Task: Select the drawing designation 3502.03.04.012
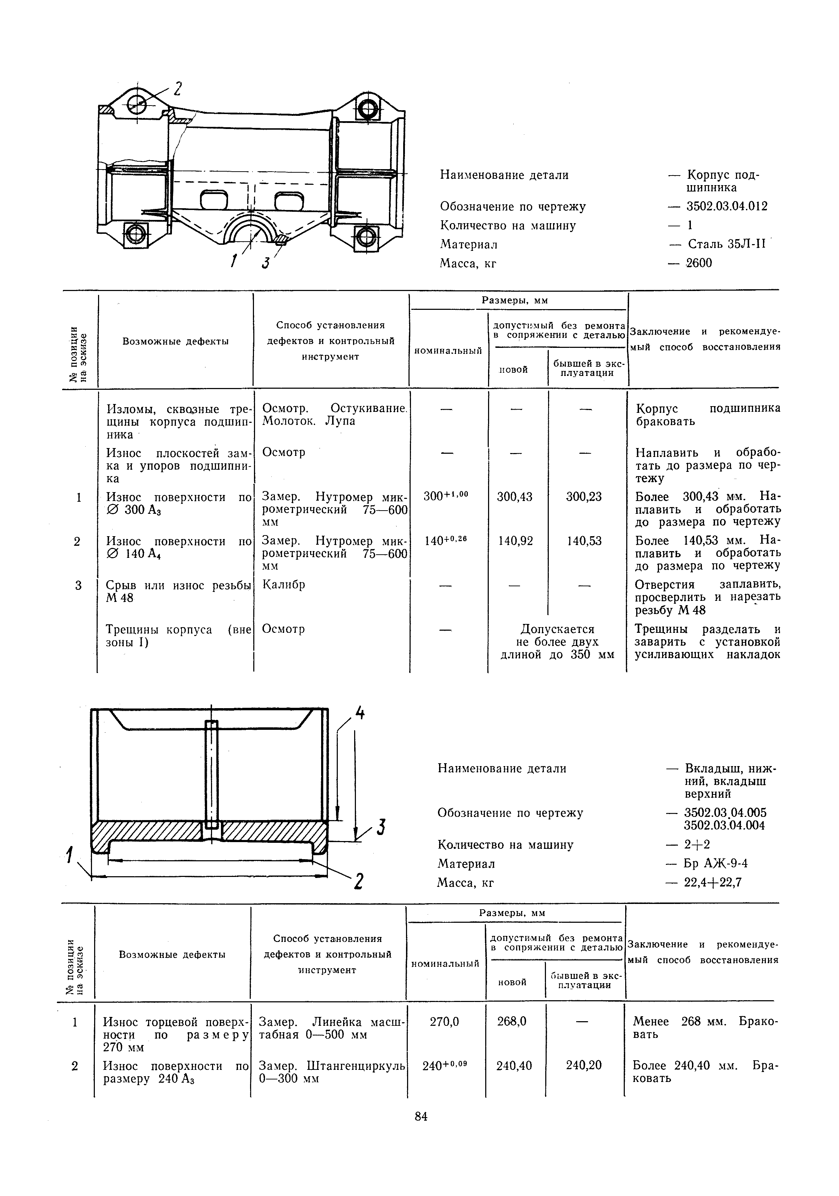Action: coord(726,206)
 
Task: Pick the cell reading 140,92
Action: coord(515,541)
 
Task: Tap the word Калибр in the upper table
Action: coord(284,584)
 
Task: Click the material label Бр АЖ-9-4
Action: coord(716,864)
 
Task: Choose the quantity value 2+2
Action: coord(697,844)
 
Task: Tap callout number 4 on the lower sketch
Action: coord(360,713)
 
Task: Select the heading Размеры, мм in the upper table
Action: coord(515,301)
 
